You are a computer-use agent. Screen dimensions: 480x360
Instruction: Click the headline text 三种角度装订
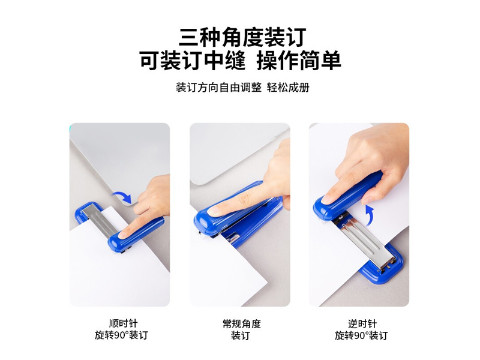tap(242, 37)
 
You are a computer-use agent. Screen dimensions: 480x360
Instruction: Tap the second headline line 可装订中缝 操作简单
tap(241, 61)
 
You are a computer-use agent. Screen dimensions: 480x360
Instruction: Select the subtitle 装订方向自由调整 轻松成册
tap(242, 88)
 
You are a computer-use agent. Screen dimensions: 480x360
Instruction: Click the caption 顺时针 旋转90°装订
tap(121, 329)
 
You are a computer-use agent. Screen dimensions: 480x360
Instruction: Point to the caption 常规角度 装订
tap(242, 329)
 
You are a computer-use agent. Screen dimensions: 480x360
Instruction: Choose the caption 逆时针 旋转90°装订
tap(362, 329)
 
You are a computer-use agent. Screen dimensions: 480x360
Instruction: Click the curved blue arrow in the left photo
tap(122, 197)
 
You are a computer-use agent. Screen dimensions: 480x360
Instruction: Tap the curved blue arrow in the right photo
tap(369, 216)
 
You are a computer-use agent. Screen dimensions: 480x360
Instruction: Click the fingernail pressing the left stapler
tap(122, 235)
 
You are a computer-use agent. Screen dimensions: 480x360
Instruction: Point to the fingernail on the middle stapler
tap(213, 211)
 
